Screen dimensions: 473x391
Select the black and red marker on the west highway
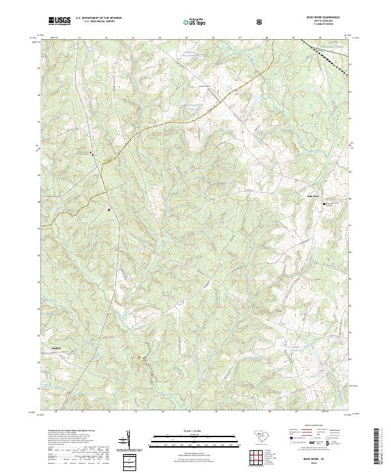(92, 155)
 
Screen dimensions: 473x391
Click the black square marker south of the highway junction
(109, 209)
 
